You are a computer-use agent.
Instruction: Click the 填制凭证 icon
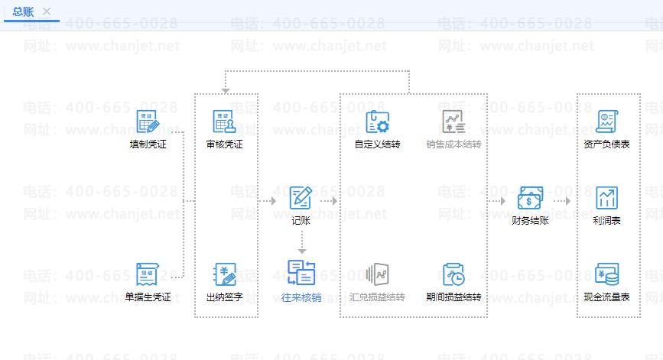[x=148, y=122]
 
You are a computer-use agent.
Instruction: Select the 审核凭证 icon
[x=224, y=122]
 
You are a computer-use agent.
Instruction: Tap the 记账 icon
[x=301, y=198]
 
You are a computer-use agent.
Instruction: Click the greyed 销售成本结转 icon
[x=453, y=122]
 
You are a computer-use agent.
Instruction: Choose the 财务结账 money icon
[x=530, y=199]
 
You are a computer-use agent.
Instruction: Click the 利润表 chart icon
[x=606, y=198]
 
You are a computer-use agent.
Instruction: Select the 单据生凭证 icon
[x=148, y=274]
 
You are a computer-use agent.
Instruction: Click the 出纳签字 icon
[x=224, y=274]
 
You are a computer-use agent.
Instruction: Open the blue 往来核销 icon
[x=301, y=273]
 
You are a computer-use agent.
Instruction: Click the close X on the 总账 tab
[x=47, y=11]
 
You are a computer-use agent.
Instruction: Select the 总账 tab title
[x=24, y=11]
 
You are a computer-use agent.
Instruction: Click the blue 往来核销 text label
[x=301, y=297]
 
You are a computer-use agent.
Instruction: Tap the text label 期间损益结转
[x=453, y=297]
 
